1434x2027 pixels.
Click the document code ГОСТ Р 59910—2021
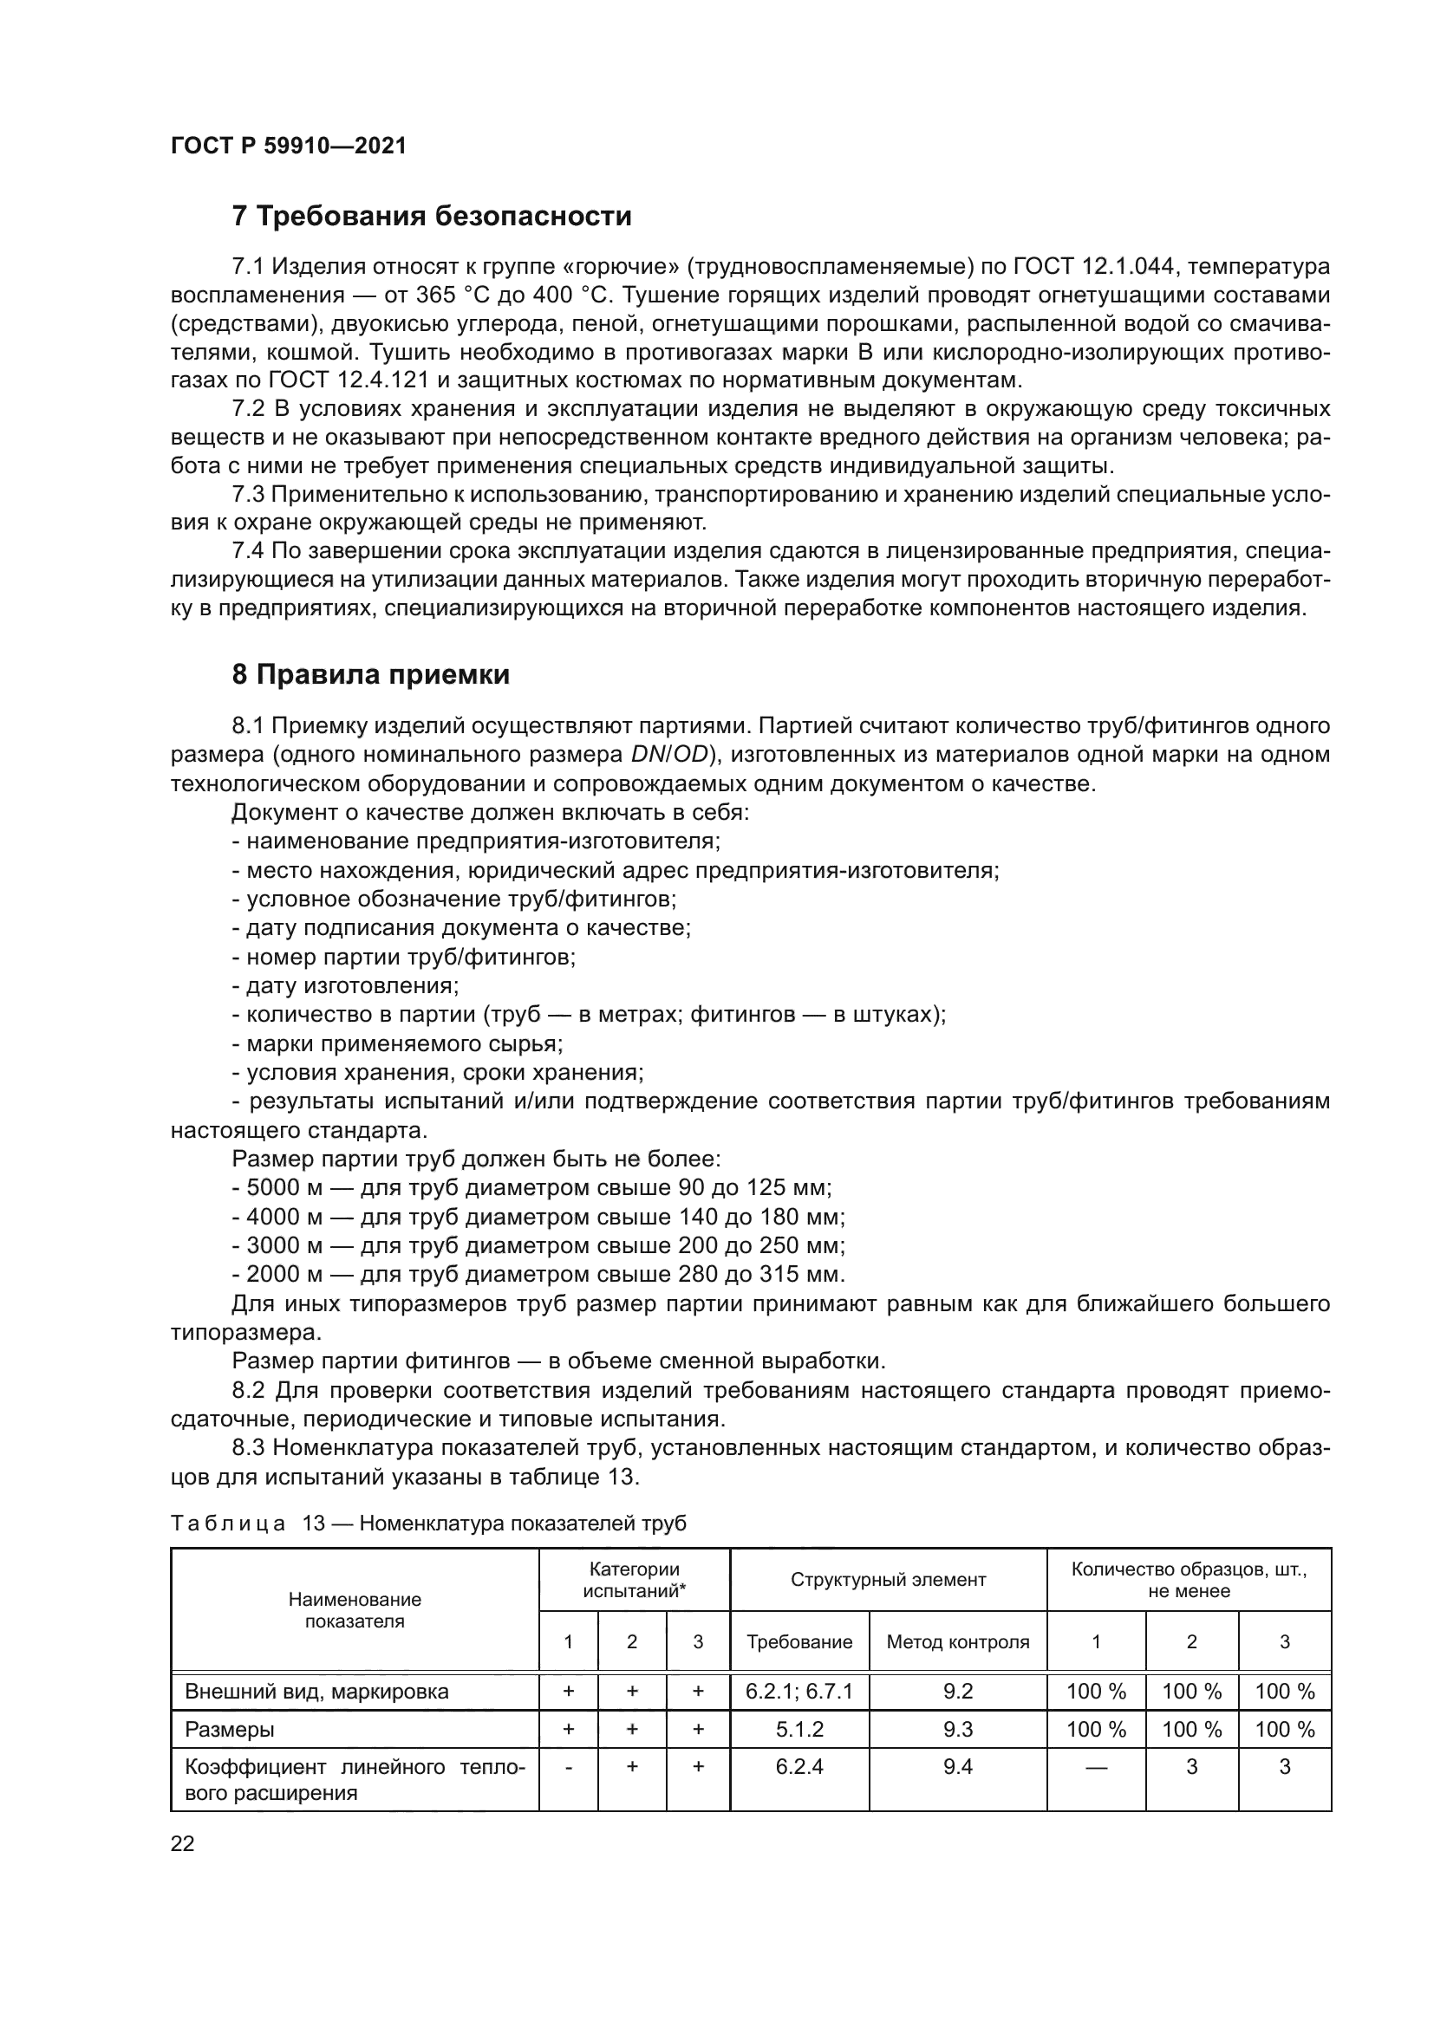(288, 146)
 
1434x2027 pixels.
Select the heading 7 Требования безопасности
(431, 217)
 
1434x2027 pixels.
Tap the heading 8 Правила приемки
(370, 674)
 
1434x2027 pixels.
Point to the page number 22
(182, 1843)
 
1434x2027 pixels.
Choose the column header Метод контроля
(957, 1642)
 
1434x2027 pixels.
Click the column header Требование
(799, 1642)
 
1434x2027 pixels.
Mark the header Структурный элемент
(888, 1581)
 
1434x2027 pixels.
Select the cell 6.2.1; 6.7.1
(799, 1692)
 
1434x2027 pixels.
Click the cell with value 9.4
(957, 1766)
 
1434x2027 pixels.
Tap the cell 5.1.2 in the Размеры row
(799, 1730)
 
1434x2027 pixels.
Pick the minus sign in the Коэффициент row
(568, 1766)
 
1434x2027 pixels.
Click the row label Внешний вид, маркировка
(316, 1692)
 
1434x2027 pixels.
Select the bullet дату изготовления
(351, 985)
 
